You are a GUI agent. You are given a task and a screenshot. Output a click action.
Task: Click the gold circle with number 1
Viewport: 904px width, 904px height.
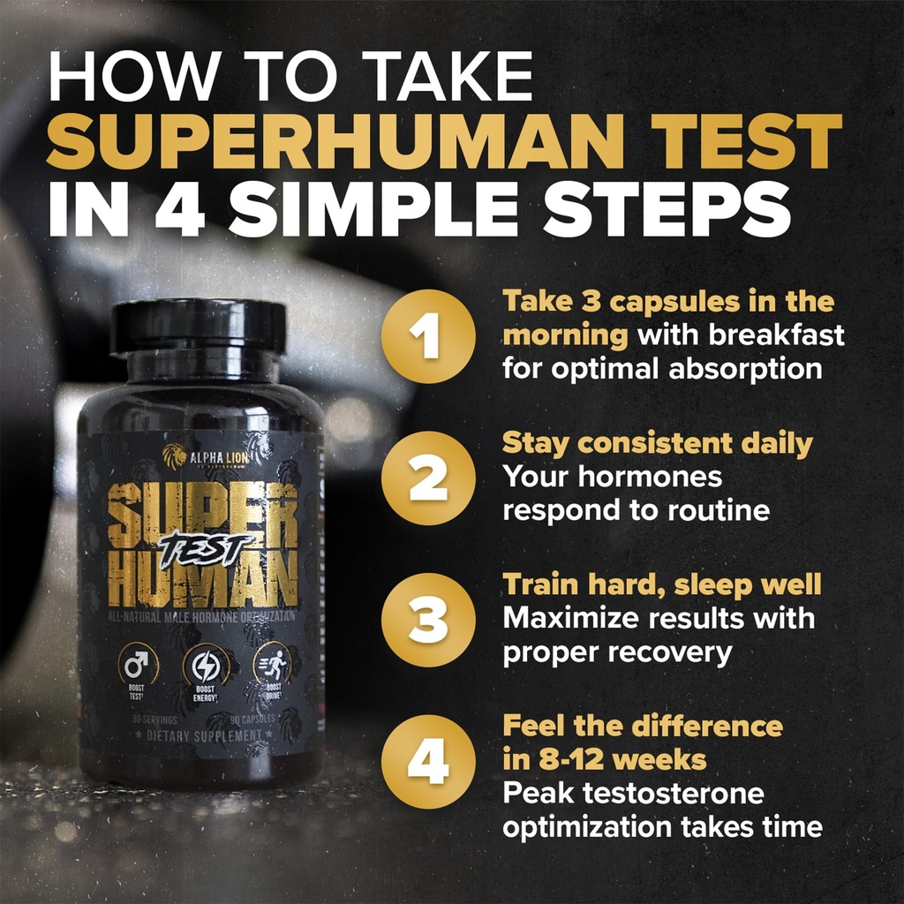click(428, 336)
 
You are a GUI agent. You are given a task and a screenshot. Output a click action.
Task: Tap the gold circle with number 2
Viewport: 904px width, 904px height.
click(428, 478)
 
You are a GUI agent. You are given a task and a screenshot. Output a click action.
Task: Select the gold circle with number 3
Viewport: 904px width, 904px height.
click(428, 619)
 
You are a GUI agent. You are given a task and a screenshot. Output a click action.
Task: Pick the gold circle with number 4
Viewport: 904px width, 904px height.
click(428, 761)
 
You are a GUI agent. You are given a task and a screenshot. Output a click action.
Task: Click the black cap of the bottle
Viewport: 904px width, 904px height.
click(198, 325)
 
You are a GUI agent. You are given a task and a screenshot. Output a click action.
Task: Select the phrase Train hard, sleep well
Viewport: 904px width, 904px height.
click(662, 585)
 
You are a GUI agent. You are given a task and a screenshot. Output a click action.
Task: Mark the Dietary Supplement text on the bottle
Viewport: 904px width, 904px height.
click(204, 734)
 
